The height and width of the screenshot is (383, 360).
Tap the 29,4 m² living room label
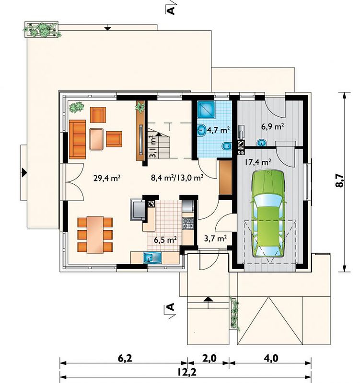tap(106, 178)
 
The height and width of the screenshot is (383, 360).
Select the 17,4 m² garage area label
tap(257, 162)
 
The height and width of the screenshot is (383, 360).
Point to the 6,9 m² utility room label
tap(272, 126)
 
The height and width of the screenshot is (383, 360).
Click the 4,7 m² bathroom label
tap(218, 130)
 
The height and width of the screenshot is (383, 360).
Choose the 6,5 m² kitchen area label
tap(165, 240)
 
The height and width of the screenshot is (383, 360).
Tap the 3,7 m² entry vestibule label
tap(215, 238)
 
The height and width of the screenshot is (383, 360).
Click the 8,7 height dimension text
tap(339, 181)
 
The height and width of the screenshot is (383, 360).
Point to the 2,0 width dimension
tap(209, 358)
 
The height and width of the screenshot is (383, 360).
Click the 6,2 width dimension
tap(125, 358)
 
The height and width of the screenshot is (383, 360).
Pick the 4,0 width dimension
tap(271, 358)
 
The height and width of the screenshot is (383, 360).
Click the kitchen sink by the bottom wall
tap(152, 258)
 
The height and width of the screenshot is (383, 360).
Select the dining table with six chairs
tap(95, 235)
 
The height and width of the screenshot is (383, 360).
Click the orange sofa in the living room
tap(78, 139)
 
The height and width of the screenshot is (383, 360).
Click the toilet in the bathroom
tap(226, 146)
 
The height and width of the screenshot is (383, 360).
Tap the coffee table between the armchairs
tap(97, 139)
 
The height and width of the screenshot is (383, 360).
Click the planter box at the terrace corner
tap(42, 30)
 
